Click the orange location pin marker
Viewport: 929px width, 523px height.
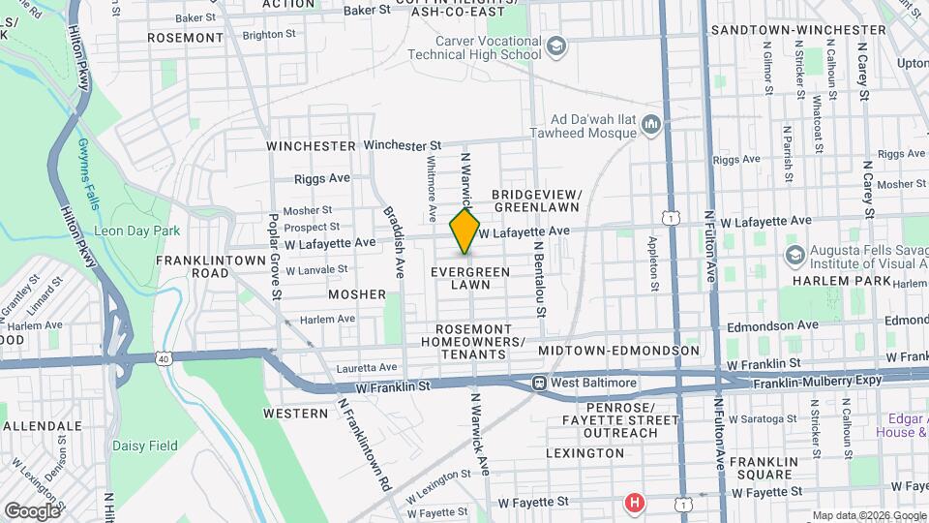(x=465, y=231)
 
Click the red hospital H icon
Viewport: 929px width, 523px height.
(x=634, y=503)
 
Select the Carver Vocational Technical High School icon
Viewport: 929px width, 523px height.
(x=556, y=46)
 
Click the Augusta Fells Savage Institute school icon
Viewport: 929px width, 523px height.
(x=795, y=256)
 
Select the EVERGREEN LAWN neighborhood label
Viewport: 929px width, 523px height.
(x=469, y=278)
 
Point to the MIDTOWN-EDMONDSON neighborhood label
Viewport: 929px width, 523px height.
(x=618, y=350)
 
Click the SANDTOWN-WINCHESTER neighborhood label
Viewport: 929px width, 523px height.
(x=798, y=30)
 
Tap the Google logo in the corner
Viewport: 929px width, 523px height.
(x=32, y=510)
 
